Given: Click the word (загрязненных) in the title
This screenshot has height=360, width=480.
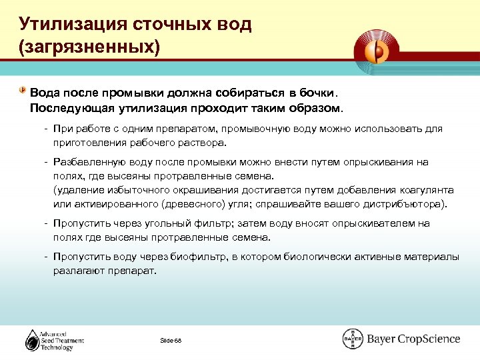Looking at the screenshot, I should pos(89,47).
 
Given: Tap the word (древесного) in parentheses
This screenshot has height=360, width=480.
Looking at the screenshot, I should pos(169,203).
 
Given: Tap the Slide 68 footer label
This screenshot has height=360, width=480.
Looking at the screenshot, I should pos(170,341).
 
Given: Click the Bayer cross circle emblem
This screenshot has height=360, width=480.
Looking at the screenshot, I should pos(352,339).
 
